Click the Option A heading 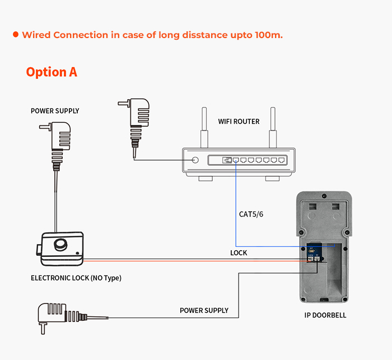click(52, 72)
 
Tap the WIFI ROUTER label click(239, 121)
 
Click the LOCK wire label click(239, 253)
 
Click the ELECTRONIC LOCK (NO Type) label click(76, 278)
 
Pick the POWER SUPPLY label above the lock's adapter click(55, 111)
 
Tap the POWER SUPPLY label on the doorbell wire click(204, 310)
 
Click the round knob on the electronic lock click(61, 245)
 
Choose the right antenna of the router click(273, 127)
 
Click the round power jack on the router click(195, 160)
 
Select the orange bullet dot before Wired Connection click(16, 35)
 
